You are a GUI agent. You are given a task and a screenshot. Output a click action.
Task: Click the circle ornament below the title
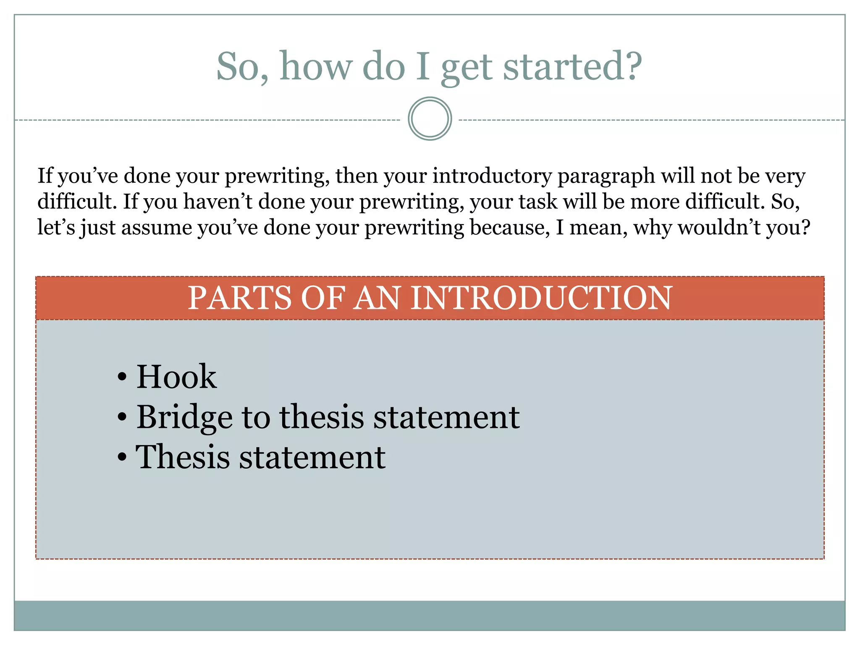(x=430, y=119)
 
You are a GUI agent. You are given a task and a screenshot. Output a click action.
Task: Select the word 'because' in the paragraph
(x=509, y=228)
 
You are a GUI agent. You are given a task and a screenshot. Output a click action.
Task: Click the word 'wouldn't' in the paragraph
(x=718, y=228)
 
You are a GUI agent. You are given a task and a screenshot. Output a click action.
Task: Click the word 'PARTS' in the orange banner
(x=240, y=298)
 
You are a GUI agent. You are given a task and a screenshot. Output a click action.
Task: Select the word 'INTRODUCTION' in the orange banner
(x=541, y=298)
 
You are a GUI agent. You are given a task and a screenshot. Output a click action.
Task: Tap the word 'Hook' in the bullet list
(x=176, y=377)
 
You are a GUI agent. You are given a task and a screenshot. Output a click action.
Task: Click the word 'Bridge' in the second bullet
(x=184, y=417)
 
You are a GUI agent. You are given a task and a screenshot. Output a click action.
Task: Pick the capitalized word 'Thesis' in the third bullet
(x=183, y=457)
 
